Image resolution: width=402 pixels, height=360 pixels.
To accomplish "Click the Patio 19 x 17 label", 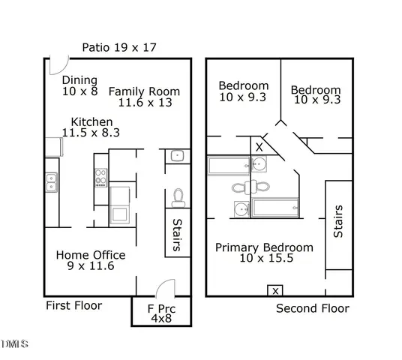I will pyautogui.click(x=119, y=48).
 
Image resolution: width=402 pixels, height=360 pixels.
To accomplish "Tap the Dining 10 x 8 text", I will pyautogui.click(x=80, y=86).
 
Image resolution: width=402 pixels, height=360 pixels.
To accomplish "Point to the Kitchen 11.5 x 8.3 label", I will pyautogui.click(x=93, y=127).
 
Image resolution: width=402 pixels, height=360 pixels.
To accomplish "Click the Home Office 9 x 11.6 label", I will pyautogui.click(x=91, y=260).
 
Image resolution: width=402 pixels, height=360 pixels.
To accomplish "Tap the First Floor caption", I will pyautogui.click(x=73, y=305).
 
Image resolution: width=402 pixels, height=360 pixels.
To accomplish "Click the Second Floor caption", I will pyautogui.click(x=312, y=308).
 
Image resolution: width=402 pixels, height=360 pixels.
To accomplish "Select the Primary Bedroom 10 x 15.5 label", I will pyautogui.click(x=264, y=253).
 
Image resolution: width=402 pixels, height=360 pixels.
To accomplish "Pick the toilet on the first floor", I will pyautogui.click(x=178, y=197).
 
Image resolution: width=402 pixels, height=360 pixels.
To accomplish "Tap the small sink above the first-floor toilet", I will pyautogui.click(x=176, y=156).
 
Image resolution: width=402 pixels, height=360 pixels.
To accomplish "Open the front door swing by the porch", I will pyautogui.click(x=167, y=289).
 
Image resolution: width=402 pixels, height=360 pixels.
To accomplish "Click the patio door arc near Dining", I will pyautogui.click(x=55, y=66).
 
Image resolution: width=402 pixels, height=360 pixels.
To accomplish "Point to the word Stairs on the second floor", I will pyautogui.click(x=338, y=221).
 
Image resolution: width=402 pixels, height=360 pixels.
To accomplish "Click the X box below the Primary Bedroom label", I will pyautogui.click(x=275, y=290).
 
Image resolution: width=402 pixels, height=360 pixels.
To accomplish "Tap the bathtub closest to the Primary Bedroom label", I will pyautogui.click(x=275, y=208).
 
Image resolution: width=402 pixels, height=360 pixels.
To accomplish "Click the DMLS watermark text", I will pyautogui.click(x=15, y=344).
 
